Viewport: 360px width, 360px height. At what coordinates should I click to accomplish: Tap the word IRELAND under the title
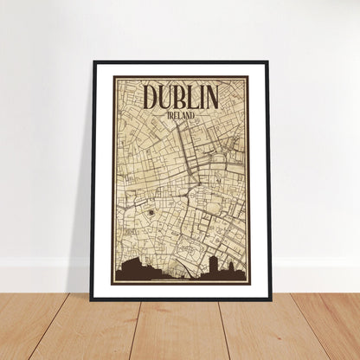(182, 114)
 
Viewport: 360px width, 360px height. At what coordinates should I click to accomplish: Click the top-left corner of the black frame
(93, 61)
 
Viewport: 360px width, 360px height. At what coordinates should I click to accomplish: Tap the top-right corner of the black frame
(268, 61)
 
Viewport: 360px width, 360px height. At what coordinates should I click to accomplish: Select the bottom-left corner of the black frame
(93, 299)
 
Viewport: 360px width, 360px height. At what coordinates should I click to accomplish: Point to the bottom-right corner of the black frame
(268, 299)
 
